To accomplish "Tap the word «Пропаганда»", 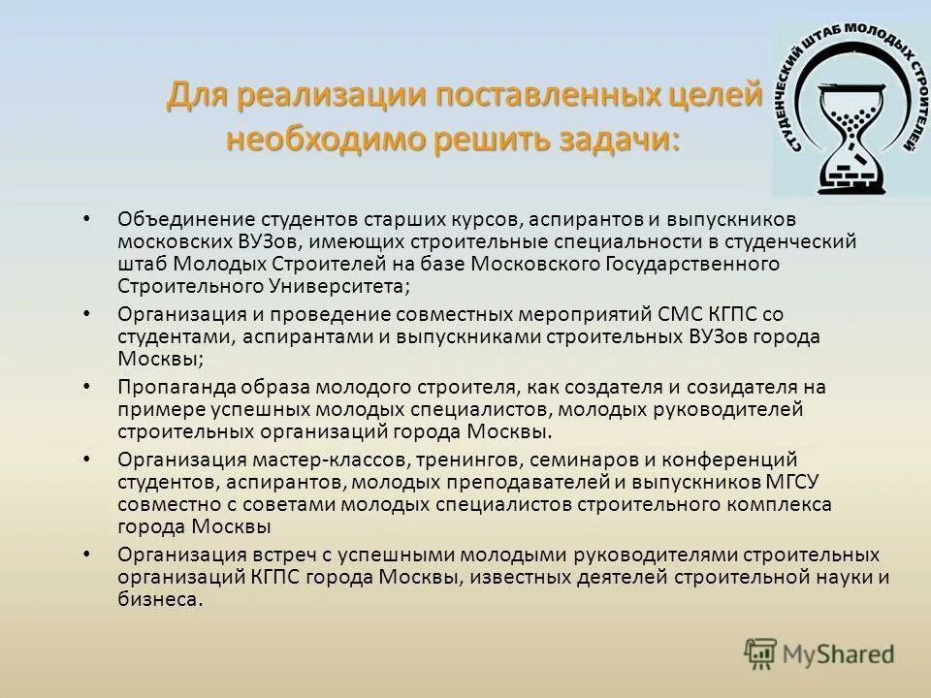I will (167, 387).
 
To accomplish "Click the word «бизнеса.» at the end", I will (161, 600).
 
